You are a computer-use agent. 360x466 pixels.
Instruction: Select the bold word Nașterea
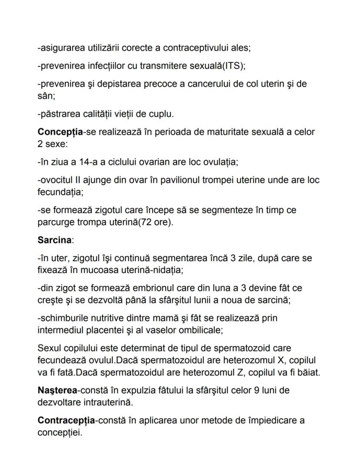[54, 390]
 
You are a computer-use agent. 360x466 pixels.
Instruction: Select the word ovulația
[217, 162]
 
